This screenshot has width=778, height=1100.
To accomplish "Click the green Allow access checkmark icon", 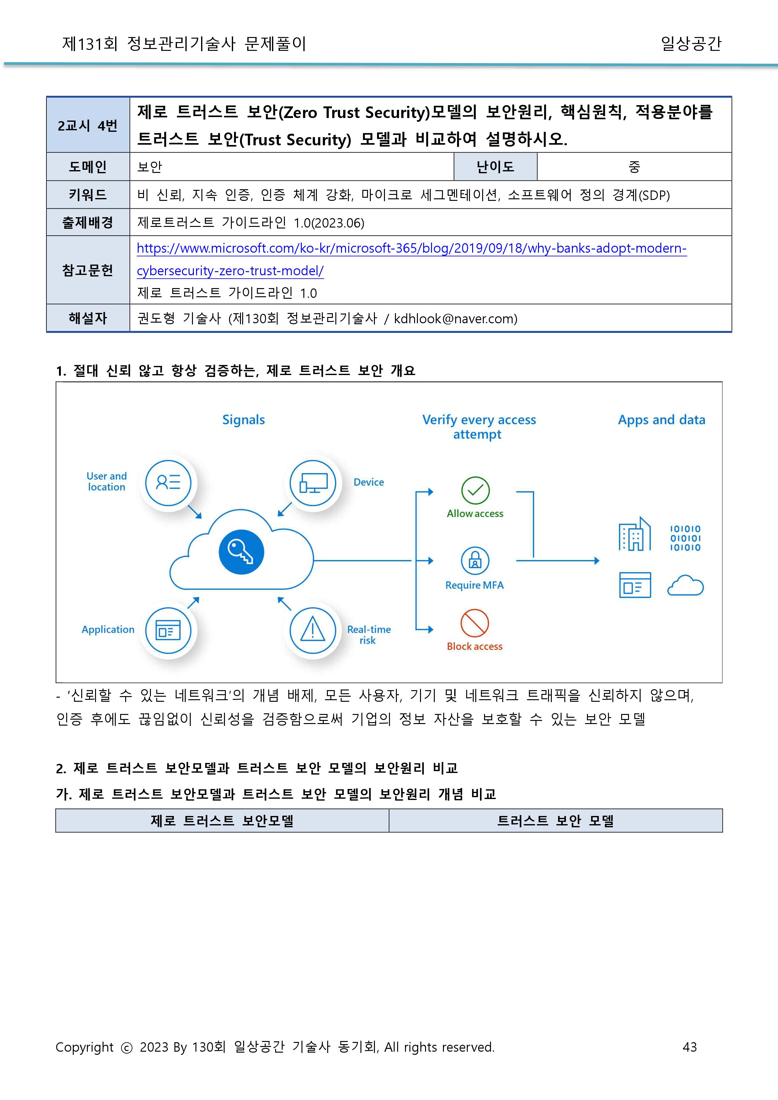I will coord(475,490).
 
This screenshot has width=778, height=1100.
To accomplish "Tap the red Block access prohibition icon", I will coord(474,623).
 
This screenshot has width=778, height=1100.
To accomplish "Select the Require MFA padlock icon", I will coord(475,560).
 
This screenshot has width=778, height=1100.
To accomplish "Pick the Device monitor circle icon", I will coord(313,483).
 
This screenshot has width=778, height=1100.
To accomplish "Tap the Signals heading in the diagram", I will coord(243,420).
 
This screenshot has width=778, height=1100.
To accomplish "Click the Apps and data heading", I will coord(661,420).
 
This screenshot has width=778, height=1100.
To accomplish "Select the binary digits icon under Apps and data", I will coord(685,538).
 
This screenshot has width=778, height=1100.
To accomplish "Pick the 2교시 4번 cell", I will coord(88,126).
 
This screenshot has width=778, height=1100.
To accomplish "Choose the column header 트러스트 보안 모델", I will coord(555,821).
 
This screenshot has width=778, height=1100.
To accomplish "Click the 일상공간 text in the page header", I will coord(690,44).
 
